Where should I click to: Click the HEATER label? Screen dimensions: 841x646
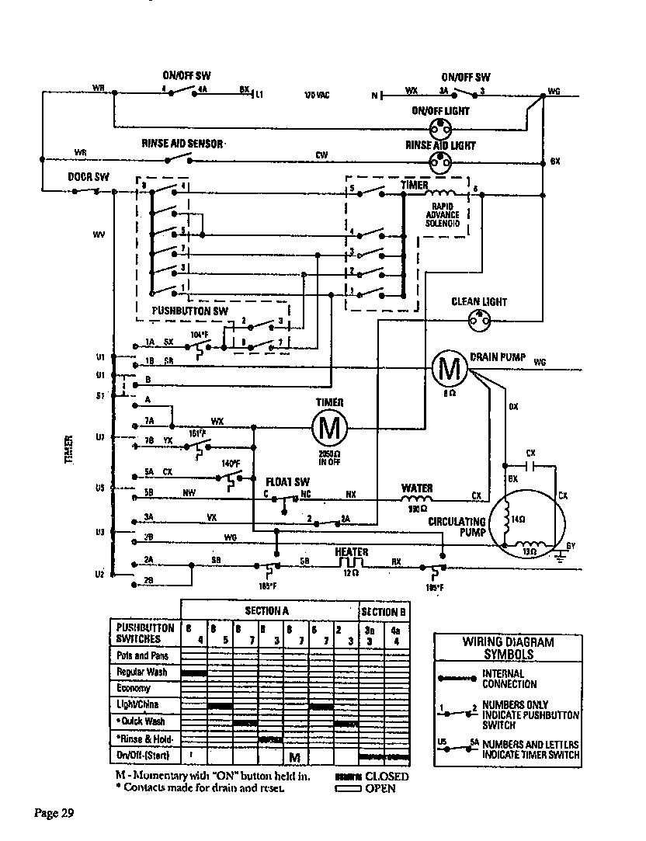[352, 551]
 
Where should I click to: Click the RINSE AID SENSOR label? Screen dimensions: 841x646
[182, 144]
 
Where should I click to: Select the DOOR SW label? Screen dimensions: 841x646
[87, 177]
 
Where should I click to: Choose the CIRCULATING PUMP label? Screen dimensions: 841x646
[457, 527]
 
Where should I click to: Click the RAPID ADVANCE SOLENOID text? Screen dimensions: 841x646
[442, 215]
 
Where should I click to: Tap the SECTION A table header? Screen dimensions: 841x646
[266, 611]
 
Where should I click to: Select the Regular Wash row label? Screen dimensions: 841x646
[140, 672]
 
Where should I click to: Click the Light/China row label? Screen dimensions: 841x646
[137, 704]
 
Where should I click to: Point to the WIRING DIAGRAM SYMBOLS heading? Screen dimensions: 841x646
[508, 648]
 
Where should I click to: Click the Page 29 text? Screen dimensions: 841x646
[54, 813]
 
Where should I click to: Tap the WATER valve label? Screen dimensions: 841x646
[416, 488]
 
